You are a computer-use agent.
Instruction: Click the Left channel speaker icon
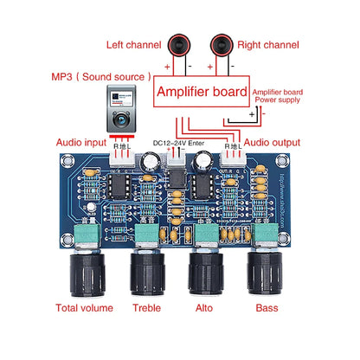[180, 44]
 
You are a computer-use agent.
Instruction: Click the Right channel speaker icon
[222, 44]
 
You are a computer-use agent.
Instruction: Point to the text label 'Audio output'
[274, 141]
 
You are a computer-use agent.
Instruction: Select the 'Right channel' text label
[272, 45]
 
